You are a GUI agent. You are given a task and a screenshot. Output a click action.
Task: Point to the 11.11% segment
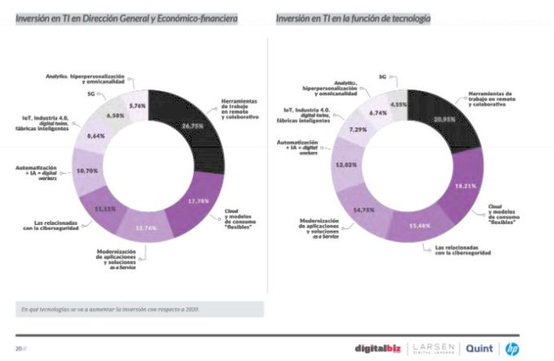coord(105,209)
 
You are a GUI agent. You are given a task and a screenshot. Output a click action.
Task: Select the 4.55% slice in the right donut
coord(398,104)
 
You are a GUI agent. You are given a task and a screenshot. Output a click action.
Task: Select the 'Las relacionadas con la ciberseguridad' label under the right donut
coord(463,251)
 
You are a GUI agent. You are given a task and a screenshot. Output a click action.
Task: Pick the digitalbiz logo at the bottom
coord(380,348)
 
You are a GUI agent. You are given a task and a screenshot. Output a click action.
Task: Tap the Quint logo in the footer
coord(478,348)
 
